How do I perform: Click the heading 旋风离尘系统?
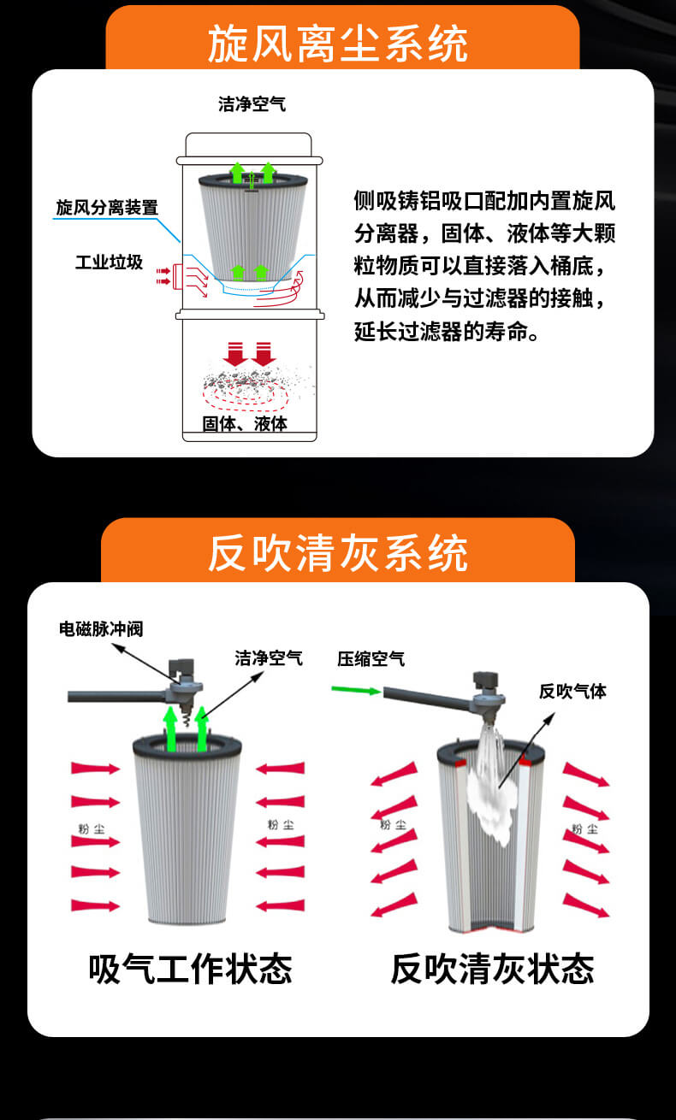(338, 44)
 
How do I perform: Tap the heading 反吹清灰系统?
(338, 552)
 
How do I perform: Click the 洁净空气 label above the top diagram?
(252, 104)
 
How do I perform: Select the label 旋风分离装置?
(107, 207)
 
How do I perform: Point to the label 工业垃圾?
(109, 262)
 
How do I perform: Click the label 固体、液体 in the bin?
(245, 423)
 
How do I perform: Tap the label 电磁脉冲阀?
(101, 629)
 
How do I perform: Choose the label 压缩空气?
(371, 659)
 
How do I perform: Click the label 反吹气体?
(572, 691)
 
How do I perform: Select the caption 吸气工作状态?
(190, 969)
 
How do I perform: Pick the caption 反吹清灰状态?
(492, 969)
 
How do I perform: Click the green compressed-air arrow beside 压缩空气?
(357, 691)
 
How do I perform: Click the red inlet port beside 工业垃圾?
(176, 276)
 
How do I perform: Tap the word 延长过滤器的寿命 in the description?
(435, 331)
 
